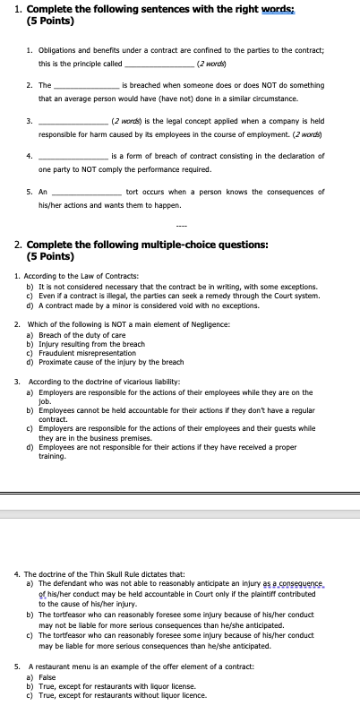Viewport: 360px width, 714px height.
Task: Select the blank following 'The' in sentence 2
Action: pyautogui.click(x=87, y=85)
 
